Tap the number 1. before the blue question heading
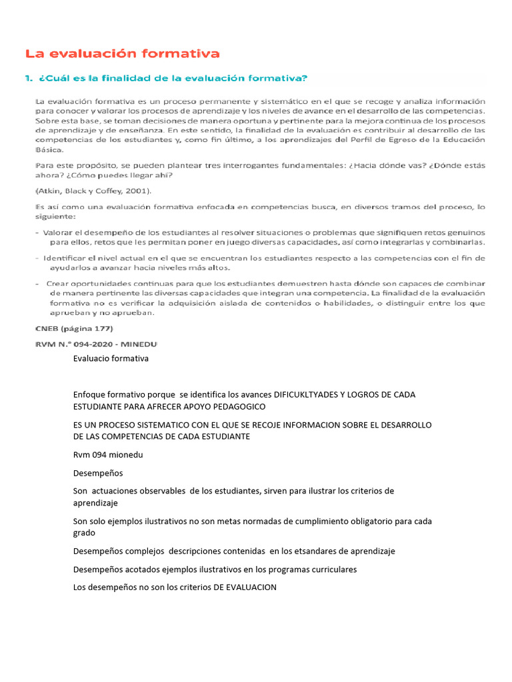pyautogui.click(x=28, y=79)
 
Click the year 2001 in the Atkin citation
pyautogui.click(x=138, y=190)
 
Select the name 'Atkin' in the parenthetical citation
pyautogui.click(x=49, y=190)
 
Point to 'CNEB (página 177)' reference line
pyautogui.click(x=74, y=329)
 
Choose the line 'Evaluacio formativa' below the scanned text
pyautogui.click(x=111, y=359)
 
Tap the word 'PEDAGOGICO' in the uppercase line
pyautogui.click(x=237, y=406)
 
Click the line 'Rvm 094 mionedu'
pyautogui.click(x=108, y=455)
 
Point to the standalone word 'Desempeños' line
pyautogui.click(x=97, y=473)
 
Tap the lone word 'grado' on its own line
pyautogui.click(x=84, y=533)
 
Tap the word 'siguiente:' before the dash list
pyautogui.click(x=55, y=217)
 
